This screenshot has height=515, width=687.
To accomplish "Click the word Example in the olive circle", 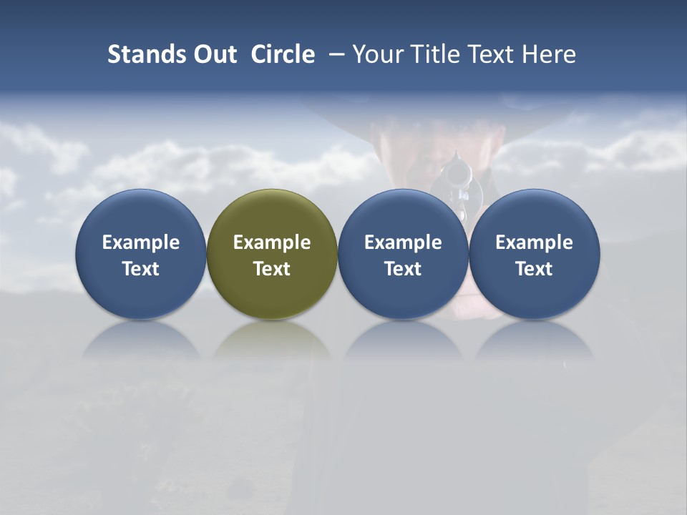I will (x=272, y=242).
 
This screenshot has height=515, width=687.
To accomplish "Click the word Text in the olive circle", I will (x=272, y=269).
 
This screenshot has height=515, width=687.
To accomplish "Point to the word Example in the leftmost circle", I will (x=141, y=242).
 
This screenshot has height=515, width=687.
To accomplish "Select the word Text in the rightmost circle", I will (x=535, y=269).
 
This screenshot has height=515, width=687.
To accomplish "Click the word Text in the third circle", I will (x=403, y=269).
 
